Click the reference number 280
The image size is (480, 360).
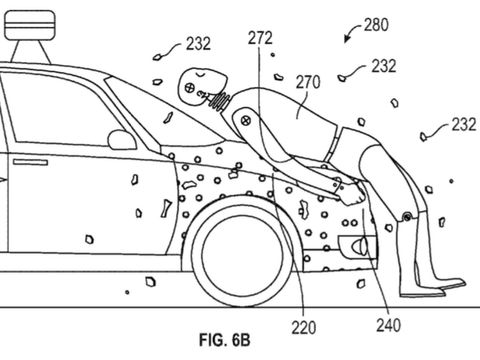point(376,25)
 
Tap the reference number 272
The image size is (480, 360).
point(260,38)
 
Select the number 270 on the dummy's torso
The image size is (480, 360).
point(308,82)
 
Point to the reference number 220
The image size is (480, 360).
point(304,328)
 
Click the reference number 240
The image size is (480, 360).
point(388,325)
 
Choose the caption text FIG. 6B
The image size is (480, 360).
point(225,340)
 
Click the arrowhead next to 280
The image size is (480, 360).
point(347,39)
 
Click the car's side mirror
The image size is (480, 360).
point(122,140)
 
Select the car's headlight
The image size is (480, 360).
point(357,247)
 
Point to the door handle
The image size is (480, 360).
point(30,162)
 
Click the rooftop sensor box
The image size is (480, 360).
point(30,25)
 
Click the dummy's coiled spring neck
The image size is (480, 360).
point(219,100)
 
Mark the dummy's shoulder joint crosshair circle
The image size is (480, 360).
point(246,120)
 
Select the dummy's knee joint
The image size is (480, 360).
point(407,217)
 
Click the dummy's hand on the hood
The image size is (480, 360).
point(353,194)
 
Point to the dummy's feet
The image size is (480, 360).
point(432,289)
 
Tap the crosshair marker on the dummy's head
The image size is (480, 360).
point(190,88)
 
